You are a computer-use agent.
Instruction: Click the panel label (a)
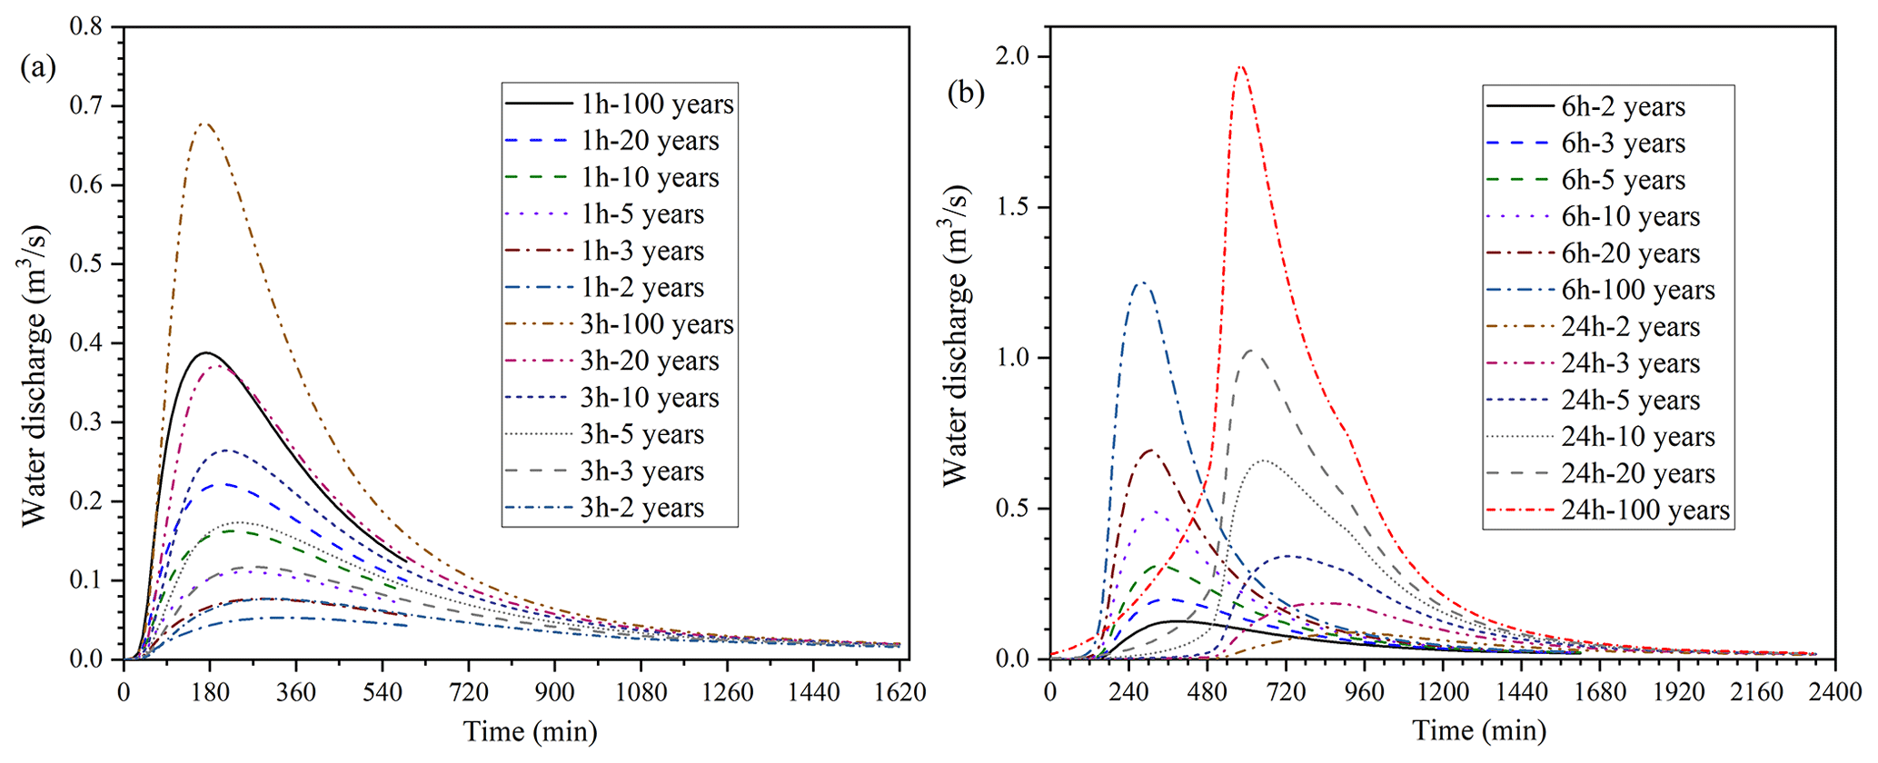[38, 68]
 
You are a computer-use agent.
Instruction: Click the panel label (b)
[966, 92]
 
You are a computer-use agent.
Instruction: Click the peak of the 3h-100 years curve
[204, 124]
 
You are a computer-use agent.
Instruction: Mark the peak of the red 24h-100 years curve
[1241, 66]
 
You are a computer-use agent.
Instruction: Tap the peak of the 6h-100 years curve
[1142, 282]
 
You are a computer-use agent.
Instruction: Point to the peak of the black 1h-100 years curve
[207, 352]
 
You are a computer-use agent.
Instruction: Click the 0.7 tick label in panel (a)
[85, 106]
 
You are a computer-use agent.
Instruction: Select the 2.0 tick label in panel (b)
[1015, 56]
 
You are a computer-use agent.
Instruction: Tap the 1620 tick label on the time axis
[899, 692]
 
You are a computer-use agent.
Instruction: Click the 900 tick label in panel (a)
[554, 692]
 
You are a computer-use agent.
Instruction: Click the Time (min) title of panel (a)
[531, 731]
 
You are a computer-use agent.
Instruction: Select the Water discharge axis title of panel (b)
[955, 336]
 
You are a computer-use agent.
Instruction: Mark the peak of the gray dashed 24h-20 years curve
[1254, 351]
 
